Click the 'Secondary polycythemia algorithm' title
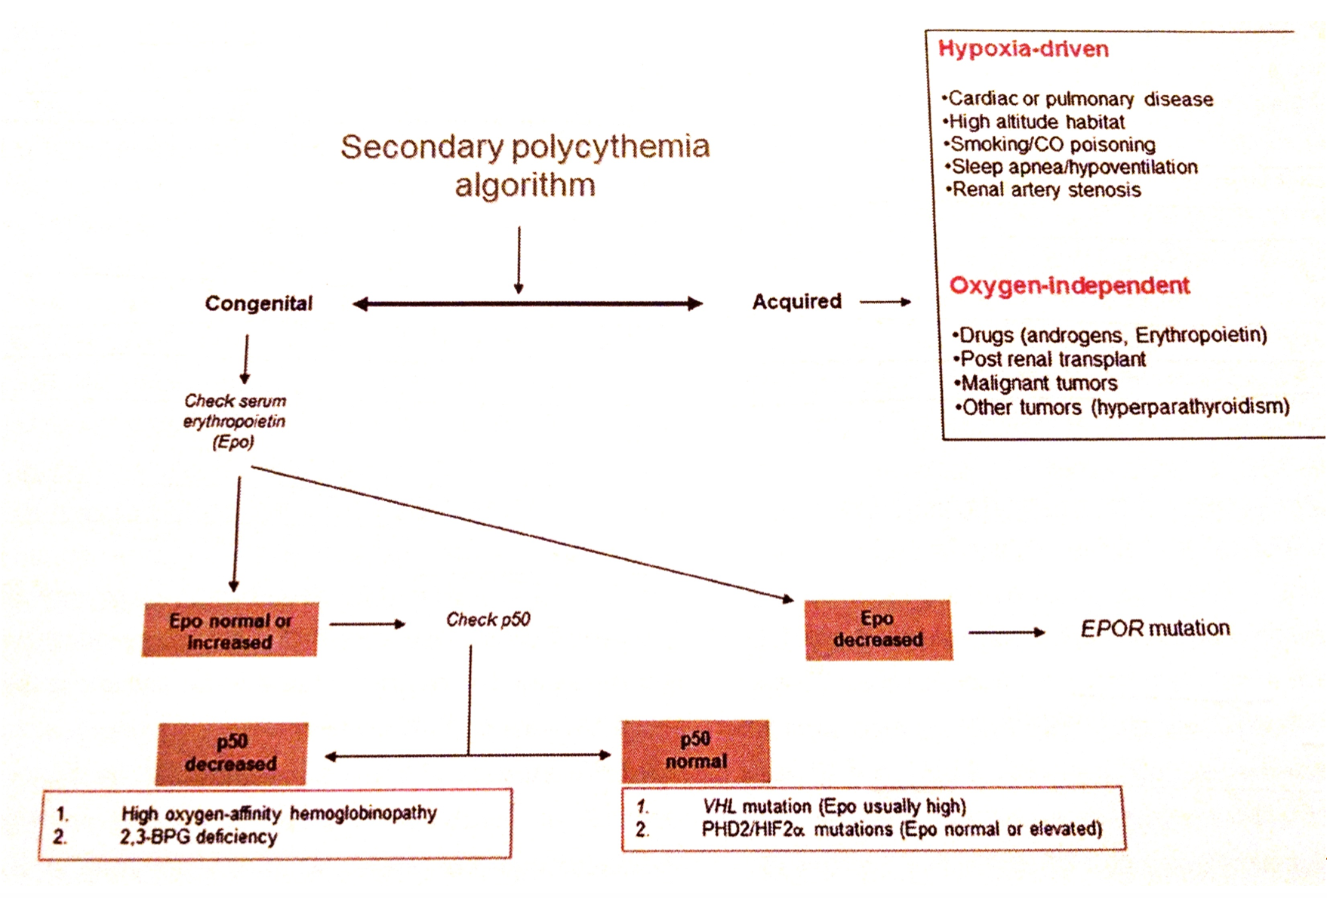click(525, 165)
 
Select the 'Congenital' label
click(259, 303)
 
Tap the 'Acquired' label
click(796, 301)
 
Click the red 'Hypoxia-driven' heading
click(1024, 49)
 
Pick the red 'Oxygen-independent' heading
click(1070, 285)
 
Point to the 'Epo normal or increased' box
click(229, 629)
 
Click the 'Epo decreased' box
click(879, 629)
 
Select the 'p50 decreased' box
click(232, 753)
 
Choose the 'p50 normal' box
click(696, 750)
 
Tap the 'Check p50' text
click(488, 620)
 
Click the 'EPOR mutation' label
click(1155, 629)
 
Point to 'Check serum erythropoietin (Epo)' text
click(235, 421)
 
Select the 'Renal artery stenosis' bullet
click(1043, 189)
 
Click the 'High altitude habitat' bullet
click(1033, 121)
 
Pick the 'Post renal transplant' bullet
click(1050, 358)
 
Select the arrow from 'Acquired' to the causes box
click(885, 302)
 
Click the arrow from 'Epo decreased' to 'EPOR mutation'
click(1007, 632)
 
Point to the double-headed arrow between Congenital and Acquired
click(528, 304)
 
